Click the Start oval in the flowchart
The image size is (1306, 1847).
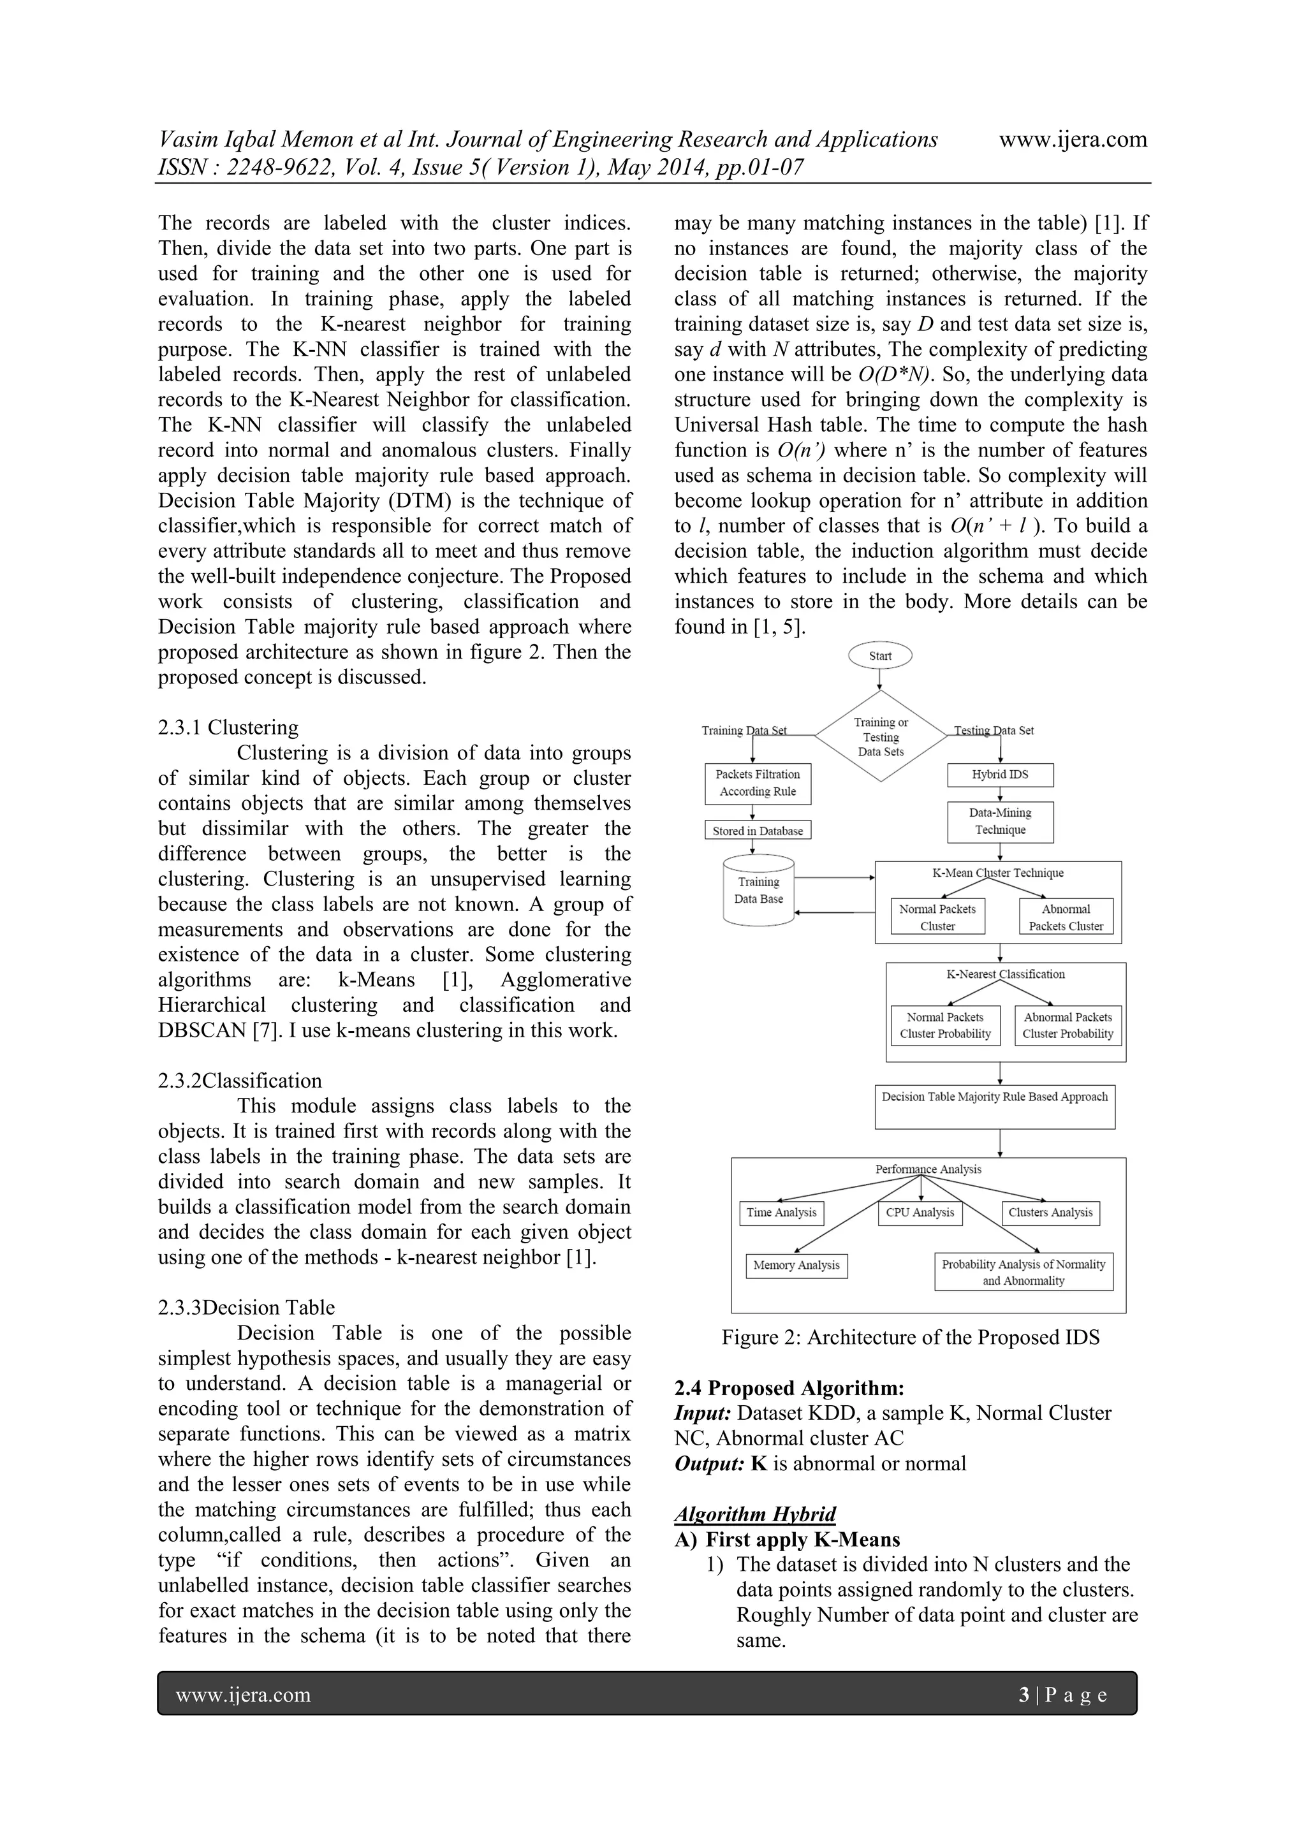pos(880,655)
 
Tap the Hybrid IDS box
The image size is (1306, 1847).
pos(999,775)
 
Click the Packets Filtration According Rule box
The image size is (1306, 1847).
pos(757,783)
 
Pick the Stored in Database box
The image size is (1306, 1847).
pos(757,831)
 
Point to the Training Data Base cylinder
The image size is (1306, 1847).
pos(759,892)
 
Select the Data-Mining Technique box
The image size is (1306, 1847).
pos(999,821)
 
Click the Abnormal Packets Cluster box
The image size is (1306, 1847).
pos(1066,917)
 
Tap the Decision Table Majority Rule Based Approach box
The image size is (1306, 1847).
pos(995,1107)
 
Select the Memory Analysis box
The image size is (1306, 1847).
pos(796,1266)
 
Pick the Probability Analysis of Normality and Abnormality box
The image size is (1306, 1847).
pos(1024,1273)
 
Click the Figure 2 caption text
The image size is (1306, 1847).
pos(910,1338)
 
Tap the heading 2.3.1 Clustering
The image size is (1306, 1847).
pos(228,727)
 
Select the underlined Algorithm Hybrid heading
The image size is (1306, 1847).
pos(755,1514)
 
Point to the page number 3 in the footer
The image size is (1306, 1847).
pos(1024,1696)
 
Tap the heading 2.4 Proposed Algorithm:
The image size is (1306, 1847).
pos(789,1388)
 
